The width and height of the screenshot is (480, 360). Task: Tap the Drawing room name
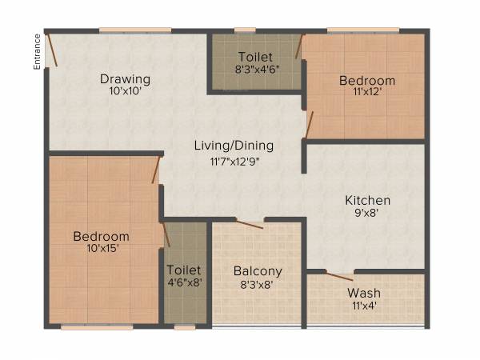pyautogui.click(x=126, y=79)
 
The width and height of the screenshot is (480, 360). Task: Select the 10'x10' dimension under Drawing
pyautogui.click(x=126, y=92)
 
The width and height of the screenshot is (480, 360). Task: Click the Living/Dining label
pyautogui.click(x=234, y=146)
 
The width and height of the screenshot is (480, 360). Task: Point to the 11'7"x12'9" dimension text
pyautogui.click(x=234, y=160)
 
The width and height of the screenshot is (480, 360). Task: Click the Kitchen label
pyautogui.click(x=367, y=200)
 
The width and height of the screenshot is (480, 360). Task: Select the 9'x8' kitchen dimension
pyautogui.click(x=367, y=214)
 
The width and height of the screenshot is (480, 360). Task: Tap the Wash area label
pyautogui.click(x=364, y=293)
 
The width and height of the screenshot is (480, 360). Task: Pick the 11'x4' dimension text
pyautogui.click(x=364, y=306)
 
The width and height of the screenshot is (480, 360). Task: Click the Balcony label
pyautogui.click(x=256, y=270)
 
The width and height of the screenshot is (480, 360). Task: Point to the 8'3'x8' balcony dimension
pyautogui.click(x=256, y=284)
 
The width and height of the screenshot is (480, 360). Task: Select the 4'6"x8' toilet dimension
pyautogui.click(x=185, y=284)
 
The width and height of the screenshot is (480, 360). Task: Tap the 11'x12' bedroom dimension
pyautogui.click(x=366, y=93)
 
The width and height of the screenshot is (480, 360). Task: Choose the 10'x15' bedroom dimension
pyautogui.click(x=101, y=249)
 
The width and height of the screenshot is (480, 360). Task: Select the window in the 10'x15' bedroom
pyautogui.click(x=97, y=326)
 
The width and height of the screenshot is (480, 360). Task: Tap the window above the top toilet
pyautogui.click(x=245, y=30)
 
